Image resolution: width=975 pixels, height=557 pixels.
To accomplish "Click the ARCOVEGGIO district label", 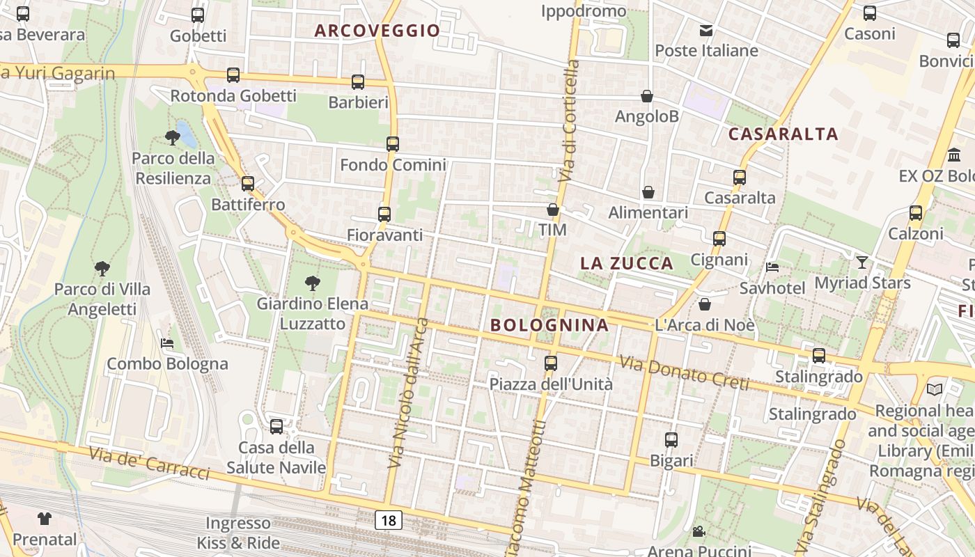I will pyautogui.click(x=377, y=31).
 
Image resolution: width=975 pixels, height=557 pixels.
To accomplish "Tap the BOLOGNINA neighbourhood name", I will pyautogui.click(x=549, y=325).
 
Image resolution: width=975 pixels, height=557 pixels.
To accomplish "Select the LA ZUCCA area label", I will pyautogui.click(x=627, y=263).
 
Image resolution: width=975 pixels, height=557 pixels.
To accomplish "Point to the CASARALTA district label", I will pyautogui.click(x=783, y=134).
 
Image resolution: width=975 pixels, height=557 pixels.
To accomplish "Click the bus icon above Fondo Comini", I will pyautogui.click(x=393, y=144).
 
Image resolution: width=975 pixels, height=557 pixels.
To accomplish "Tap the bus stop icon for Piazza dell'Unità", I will pyautogui.click(x=551, y=363).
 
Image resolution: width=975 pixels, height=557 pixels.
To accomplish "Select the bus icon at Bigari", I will pyautogui.click(x=671, y=440).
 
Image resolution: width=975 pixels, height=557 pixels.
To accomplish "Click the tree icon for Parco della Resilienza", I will pyautogui.click(x=173, y=137).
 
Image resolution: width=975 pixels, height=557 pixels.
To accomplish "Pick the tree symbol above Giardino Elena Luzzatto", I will pyautogui.click(x=313, y=283).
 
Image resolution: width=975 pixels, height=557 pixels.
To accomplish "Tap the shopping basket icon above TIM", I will pyautogui.click(x=553, y=209).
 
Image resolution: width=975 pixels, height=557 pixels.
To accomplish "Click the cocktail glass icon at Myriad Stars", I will pyautogui.click(x=862, y=262).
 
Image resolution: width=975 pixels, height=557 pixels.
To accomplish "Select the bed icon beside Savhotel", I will pyautogui.click(x=772, y=267).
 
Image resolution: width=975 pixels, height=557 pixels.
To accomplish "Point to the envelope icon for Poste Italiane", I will pyautogui.click(x=706, y=30).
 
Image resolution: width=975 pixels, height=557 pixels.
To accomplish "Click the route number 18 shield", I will pyautogui.click(x=389, y=519).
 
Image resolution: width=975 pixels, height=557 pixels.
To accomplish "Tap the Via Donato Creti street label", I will pyautogui.click(x=684, y=373).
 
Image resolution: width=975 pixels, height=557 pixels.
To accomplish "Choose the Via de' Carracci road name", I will pyautogui.click(x=149, y=463).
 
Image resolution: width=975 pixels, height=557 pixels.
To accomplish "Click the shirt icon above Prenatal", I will pyautogui.click(x=45, y=518).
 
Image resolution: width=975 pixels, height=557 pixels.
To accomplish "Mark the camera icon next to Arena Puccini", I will pyautogui.click(x=699, y=533).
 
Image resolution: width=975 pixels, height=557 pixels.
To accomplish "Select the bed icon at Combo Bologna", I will pyautogui.click(x=167, y=343).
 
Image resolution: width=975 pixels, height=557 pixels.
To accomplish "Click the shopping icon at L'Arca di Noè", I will pyautogui.click(x=705, y=304).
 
